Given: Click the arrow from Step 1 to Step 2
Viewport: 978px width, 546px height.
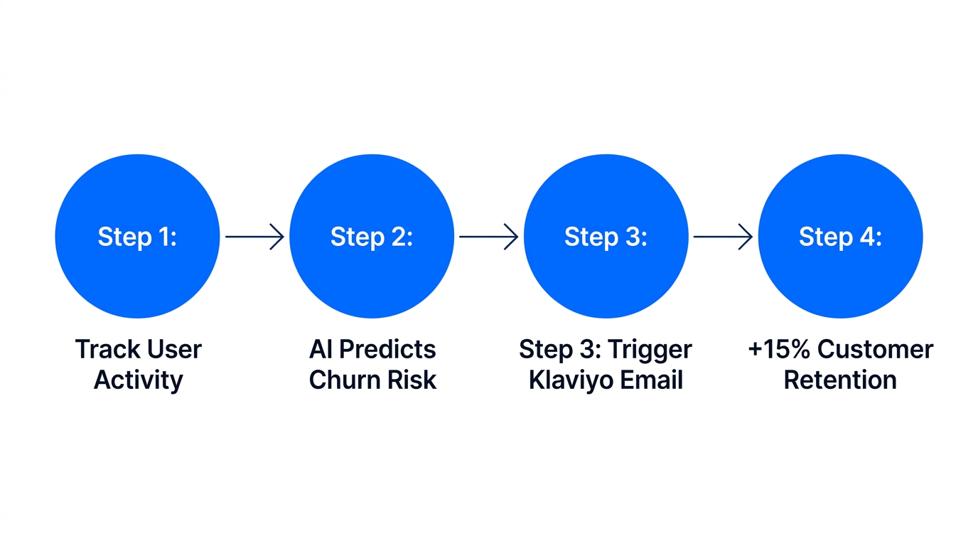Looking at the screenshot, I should [x=254, y=237].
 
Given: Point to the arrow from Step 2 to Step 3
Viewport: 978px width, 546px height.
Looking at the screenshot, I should [x=488, y=237].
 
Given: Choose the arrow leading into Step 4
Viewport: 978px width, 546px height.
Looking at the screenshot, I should [x=722, y=237].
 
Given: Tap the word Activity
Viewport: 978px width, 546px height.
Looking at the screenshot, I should [x=138, y=380].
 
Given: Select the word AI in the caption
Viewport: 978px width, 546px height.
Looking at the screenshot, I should [x=321, y=349].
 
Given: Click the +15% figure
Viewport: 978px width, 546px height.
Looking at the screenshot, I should [x=778, y=349].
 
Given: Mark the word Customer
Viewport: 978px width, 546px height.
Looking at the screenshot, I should [x=875, y=349].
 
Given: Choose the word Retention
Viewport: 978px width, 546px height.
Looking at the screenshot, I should [x=840, y=380].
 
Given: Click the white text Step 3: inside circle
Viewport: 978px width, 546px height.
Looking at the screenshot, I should [x=606, y=237].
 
